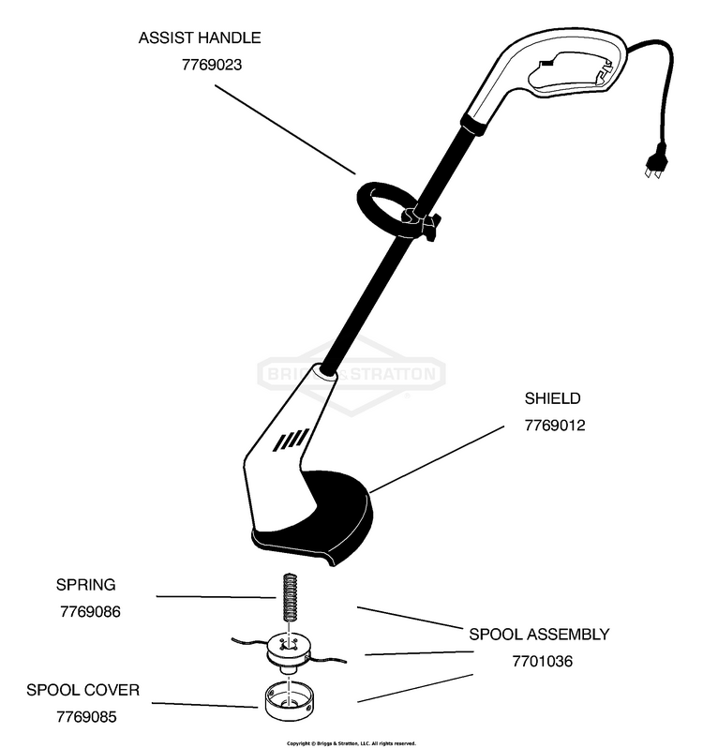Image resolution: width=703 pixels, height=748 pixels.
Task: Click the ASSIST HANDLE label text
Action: tap(200, 38)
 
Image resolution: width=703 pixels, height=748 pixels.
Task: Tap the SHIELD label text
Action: tap(553, 398)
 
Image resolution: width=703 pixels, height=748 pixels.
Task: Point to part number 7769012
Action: tap(555, 426)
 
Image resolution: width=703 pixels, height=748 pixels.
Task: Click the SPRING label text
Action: tap(85, 585)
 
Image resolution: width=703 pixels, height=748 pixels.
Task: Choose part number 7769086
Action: tap(89, 611)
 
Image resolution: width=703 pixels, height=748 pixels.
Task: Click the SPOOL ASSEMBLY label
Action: tap(539, 635)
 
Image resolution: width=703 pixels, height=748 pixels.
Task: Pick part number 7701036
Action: tap(542, 662)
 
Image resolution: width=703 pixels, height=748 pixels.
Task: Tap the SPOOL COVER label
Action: tap(82, 691)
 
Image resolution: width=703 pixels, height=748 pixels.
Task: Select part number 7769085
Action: tap(86, 718)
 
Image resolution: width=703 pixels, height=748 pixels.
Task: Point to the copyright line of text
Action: tap(351, 742)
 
